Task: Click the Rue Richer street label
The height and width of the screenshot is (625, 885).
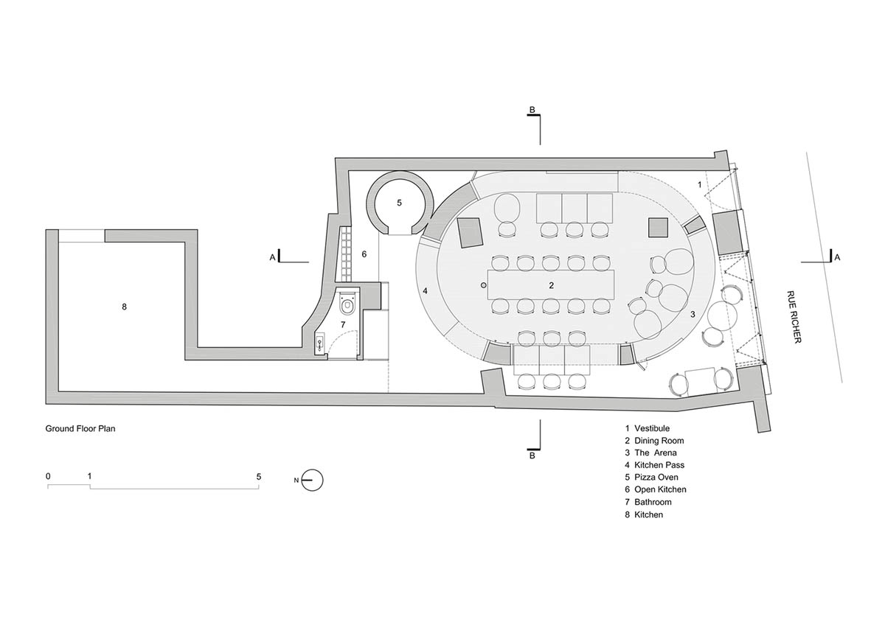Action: pyautogui.click(x=794, y=315)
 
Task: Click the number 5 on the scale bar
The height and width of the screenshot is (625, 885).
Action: pyautogui.click(x=259, y=476)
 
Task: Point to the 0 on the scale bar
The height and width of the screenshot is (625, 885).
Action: pyautogui.click(x=48, y=476)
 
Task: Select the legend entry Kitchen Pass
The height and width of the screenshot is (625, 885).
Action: pyautogui.click(x=659, y=465)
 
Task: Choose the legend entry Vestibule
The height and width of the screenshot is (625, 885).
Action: pyautogui.click(x=652, y=427)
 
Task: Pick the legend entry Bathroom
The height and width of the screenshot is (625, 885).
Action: pyautogui.click(x=653, y=502)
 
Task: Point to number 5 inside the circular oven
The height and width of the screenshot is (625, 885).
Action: pyautogui.click(x=399, y=202)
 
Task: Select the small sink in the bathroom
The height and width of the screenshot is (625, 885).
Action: pyautogui.click(x=320, y=341)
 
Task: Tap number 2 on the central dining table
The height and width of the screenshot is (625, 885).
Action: pyautogui.click(x=551, y=284)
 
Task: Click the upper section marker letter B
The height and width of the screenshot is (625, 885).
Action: pyautogui.click(x=531, y=111)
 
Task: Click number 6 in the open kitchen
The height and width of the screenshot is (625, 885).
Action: pyautogui.click(x=364, y=254)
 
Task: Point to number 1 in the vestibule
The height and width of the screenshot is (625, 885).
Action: pyautogui.click(x=699, y=184)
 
